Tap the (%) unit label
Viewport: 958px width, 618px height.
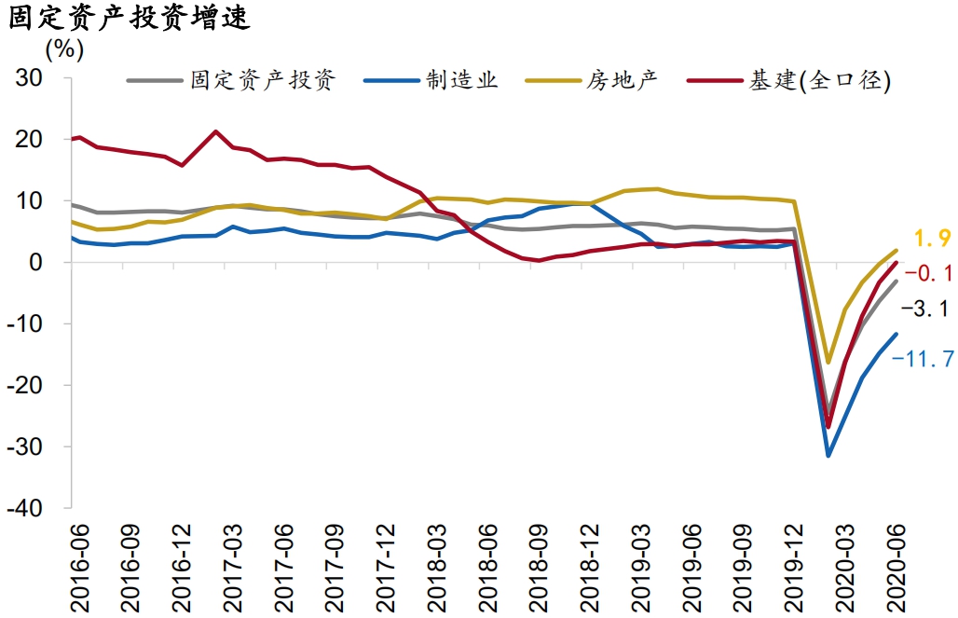[x=64, y=48]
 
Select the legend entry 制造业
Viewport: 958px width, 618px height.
[x=462, y=80]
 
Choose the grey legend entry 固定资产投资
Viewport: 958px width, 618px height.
[x=262, y=80]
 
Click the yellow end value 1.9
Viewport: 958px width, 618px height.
[x=931, y=241]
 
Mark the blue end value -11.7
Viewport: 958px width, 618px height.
[x=924, y=358]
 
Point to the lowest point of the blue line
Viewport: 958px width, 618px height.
[x=828, y=455]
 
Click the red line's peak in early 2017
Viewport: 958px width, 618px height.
[x=216, y=131]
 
